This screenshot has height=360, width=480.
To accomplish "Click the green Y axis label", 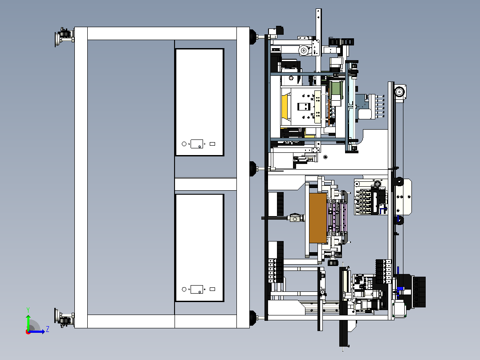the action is point(28,310).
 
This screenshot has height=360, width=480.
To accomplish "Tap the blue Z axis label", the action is point(48,329).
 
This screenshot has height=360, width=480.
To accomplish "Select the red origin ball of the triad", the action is point(28,332).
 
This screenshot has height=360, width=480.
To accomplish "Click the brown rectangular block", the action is point(318,218).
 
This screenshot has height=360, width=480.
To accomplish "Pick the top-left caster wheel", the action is point(64,37).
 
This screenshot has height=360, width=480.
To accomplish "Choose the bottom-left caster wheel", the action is point(64,317).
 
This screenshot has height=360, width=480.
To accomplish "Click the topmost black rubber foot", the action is point(253,37).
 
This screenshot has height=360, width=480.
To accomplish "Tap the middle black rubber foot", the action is point(253,168).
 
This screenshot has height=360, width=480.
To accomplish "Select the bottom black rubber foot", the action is point(253,318).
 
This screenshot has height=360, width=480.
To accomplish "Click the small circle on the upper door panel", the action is point(184,144).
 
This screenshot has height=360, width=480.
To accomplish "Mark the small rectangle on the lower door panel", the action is point(212,289).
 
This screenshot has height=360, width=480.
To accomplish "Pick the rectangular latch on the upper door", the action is point(196,144).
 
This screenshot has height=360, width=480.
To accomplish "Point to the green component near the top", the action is point(336,88).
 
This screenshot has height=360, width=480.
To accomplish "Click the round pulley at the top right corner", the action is point(399,92).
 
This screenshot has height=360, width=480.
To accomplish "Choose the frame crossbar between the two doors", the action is point(206,184).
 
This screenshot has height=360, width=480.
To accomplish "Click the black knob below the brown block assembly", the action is point(333,263).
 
